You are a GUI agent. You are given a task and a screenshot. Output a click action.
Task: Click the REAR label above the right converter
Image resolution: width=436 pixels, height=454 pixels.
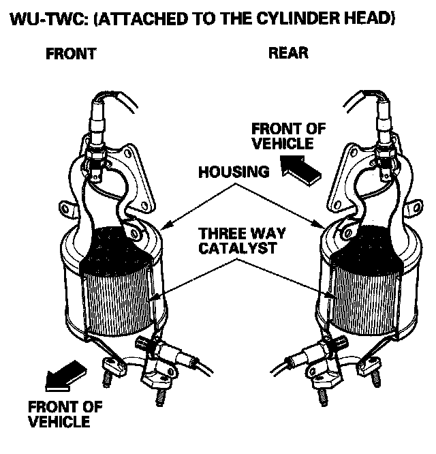[288, 54]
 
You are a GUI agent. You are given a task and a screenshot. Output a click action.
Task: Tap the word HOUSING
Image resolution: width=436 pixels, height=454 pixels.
[234, 172]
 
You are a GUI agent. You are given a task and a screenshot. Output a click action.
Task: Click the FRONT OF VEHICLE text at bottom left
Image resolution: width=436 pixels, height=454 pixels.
[65, 414]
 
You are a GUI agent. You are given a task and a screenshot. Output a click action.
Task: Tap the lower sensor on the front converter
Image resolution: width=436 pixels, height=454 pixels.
[163, 353]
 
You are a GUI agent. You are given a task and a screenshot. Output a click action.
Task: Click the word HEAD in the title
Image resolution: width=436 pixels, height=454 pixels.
[371, 17]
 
